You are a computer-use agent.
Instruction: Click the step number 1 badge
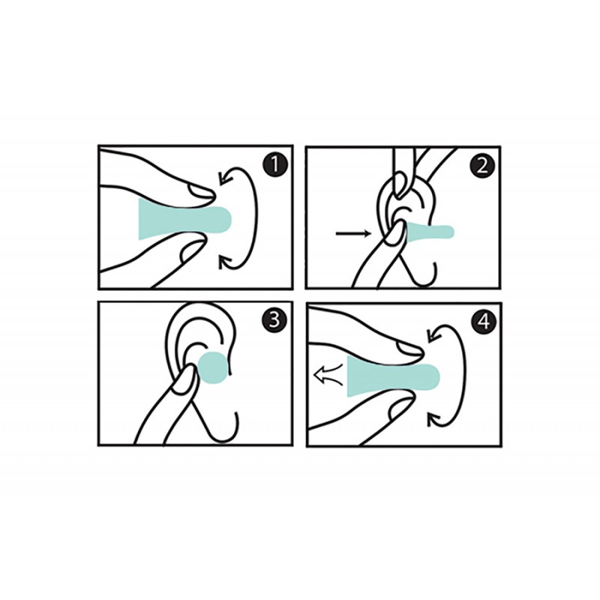coord(274,165)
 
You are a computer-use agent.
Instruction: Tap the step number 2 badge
coord(482,166)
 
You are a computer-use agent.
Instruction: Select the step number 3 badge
coord(274,320)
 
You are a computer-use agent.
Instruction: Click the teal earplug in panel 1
coord(184,219)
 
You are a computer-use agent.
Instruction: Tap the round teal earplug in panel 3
coord(213,367)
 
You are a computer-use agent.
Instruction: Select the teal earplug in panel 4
coord(393,375)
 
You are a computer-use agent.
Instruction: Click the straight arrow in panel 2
coord(353,233)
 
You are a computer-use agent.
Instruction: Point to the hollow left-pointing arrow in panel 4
coord(328,374)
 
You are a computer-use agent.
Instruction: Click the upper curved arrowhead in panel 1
coord(223,178)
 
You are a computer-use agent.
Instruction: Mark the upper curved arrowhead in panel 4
coord(433,334)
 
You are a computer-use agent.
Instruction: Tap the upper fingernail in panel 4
coord(410,347)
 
